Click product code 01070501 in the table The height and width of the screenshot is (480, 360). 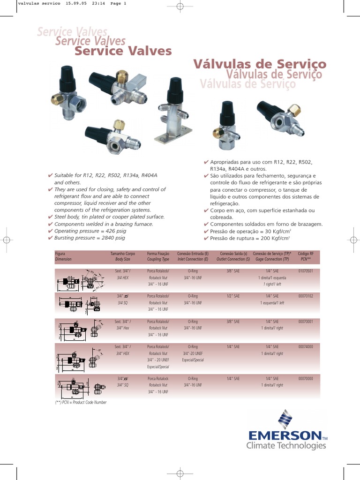(305, 271)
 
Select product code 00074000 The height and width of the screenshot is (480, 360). (305, 346)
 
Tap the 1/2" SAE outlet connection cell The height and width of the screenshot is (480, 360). (233, 296)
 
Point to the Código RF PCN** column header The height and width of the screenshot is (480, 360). (306, 256)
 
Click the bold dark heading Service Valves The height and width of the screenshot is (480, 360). (123, 51)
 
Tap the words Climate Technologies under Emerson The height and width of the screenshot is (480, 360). (286, 445)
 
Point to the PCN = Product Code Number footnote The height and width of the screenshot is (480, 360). (81, 402)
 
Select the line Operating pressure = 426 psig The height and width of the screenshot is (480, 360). (90, 231)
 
